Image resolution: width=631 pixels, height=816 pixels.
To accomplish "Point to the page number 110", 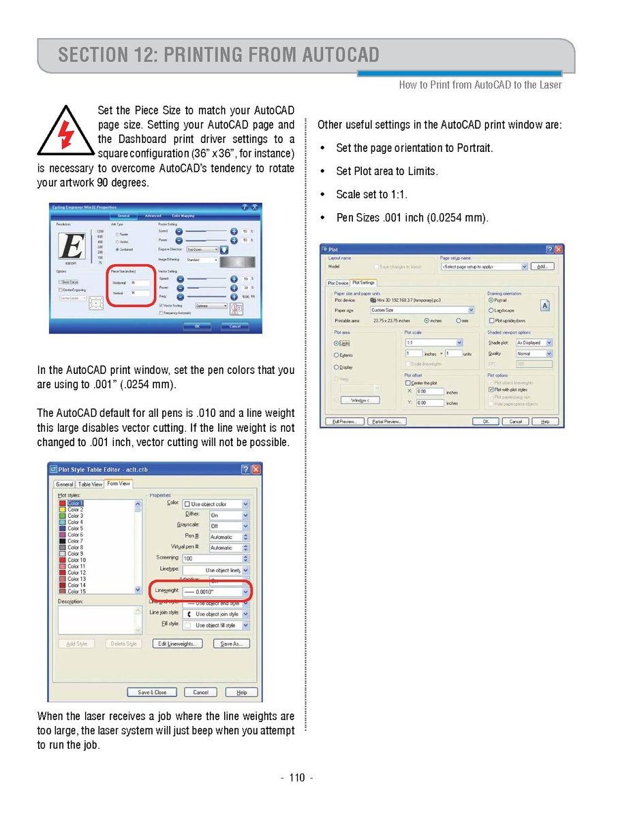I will (x=296, y=778).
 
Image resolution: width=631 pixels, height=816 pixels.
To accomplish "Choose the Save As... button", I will (x=232, y=644).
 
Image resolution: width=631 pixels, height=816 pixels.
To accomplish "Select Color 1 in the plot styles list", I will (x=75, y=503).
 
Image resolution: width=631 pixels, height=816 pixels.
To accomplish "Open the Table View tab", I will (x=90, y=484).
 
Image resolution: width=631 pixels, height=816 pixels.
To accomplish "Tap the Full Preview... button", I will (x=344, y=422).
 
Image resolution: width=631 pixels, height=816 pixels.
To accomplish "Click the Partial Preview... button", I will (x=386, y=422).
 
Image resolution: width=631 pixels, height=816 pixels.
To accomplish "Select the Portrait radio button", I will (x=491, y=300).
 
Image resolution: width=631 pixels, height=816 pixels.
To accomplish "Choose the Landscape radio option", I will (x=491, y=310).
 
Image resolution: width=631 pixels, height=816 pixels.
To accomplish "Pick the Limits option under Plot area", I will (x=337, y=343).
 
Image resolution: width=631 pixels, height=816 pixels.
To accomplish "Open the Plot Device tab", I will (x=338, y=283).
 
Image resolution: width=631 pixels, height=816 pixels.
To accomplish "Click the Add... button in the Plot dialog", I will (x=542, y=266).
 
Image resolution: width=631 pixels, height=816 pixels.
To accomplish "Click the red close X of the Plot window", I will (x=559, y=249).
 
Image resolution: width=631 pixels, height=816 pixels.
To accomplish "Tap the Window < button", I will (x=360, y=400).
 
